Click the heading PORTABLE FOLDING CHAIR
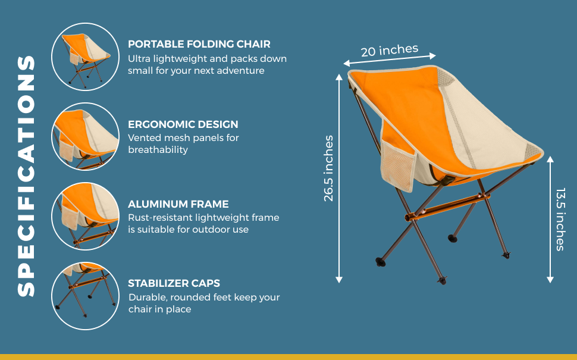199,44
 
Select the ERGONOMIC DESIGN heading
183,124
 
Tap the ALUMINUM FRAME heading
178,204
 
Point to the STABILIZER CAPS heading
174,283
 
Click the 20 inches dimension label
390,51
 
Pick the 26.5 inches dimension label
328,168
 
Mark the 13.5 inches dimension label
560,220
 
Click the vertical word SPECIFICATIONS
26,176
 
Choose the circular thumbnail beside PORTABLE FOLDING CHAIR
86,57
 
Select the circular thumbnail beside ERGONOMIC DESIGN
86,136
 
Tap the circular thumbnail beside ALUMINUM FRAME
86,216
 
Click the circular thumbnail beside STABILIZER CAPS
86,296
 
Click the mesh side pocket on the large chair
398,165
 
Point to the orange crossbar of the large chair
447,207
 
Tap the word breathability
158,150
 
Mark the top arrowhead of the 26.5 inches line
339,77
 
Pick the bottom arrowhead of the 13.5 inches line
550,280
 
